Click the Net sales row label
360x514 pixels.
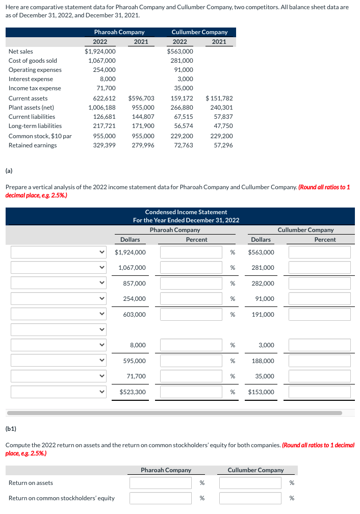(x=21, y=52)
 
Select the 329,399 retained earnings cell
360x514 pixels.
(x=104, y=145)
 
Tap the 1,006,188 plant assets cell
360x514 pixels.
(x=101, y=108)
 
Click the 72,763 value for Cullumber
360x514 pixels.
(x=183, y=145)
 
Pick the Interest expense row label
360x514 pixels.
(x=31, y=79)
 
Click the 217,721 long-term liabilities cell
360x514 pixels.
(x=104, y=126)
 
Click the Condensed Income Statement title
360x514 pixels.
(x=186, y=212)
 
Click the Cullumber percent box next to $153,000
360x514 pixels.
(x=319, y=392)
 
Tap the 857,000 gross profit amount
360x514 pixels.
(x=134, y=284)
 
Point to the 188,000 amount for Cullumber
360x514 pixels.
(x=263, y=361)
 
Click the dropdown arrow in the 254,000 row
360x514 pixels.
(x=102, y=299)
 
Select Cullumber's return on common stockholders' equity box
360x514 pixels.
(x=250, y=498)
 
